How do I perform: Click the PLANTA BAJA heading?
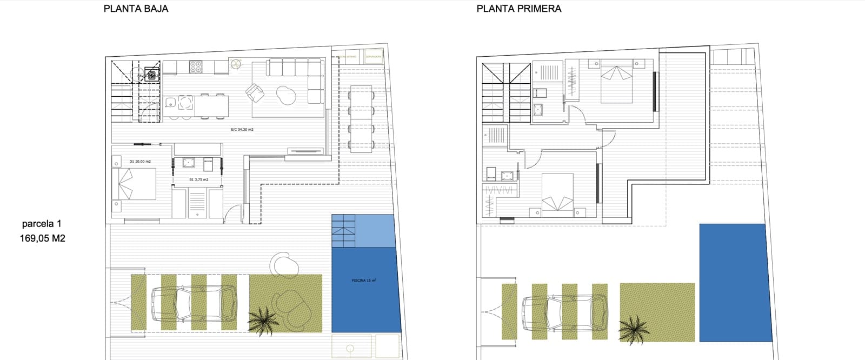[136, 9]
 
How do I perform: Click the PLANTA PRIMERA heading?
[519, 9]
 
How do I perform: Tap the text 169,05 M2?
[43, 238]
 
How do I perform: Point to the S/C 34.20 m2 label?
[242, 130]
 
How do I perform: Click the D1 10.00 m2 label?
[140, 162]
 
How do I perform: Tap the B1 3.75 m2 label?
[198, 179]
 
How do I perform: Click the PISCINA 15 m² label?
[364, 281]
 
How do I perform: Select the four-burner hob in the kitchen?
[196, 67]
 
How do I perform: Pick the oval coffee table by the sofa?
[286, 96]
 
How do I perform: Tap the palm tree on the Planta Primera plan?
[633, 329]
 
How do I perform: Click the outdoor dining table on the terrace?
[361, 118]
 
